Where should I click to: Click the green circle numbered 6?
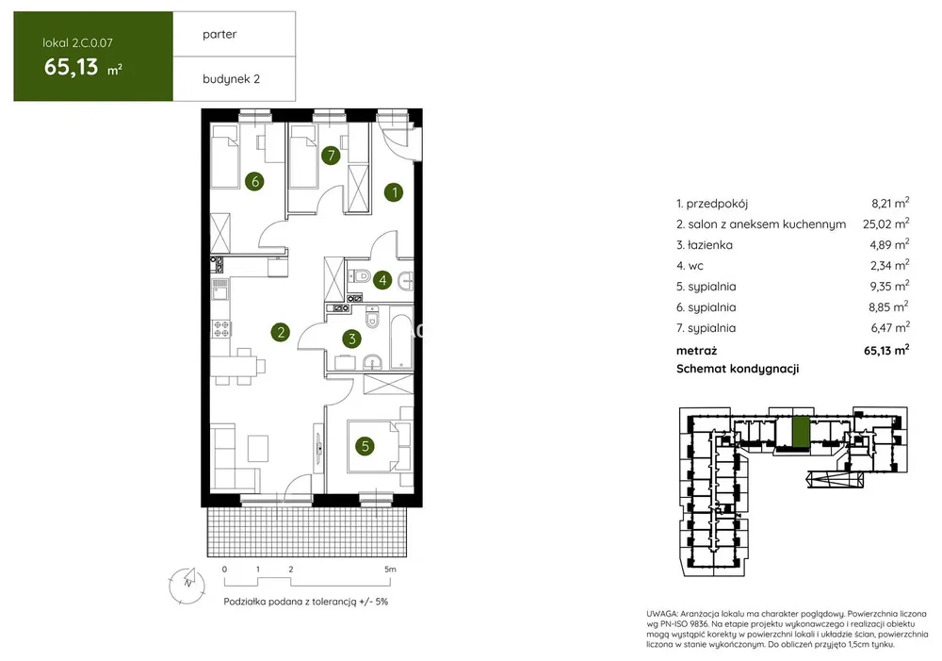[x=254, y=181]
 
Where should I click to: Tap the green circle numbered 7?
[x=331, y=156]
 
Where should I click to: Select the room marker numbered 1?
[x=394, y=192]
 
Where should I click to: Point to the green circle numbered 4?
[x=382, y=280]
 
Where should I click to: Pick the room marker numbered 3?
[x=352, y=339]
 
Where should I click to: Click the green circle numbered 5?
[x=365, y=446]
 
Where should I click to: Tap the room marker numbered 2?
[x=280, y=332]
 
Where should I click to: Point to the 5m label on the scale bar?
[x=391, y=569]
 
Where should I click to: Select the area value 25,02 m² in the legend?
[x=886, y=224]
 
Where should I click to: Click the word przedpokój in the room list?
[x=717, y=204]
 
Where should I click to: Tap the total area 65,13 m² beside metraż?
[x=886, y=350]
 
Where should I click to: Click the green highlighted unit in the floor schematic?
[x=800, y=432]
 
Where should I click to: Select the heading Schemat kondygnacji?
[x=738, y=369]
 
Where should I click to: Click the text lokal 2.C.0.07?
[x=77, y=42]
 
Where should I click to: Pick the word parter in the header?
[x=219, y=34]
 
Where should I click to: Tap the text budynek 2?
[x=232, y=79]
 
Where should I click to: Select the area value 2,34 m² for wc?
[x=889, y=265]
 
